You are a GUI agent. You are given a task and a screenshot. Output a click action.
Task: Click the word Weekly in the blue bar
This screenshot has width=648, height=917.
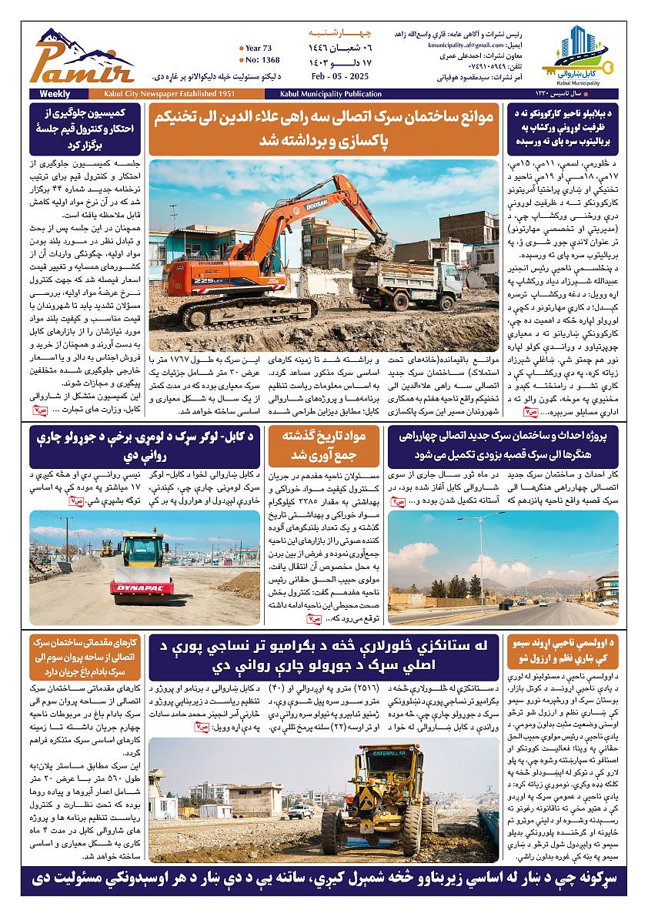[x=42, y=94]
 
